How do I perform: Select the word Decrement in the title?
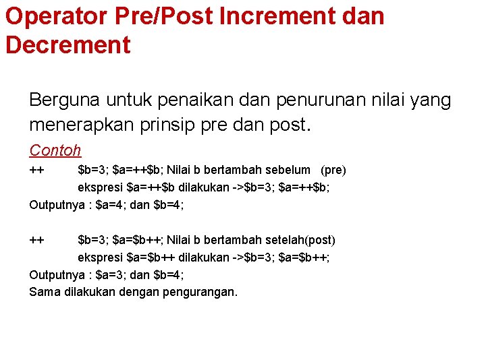coord(67,45)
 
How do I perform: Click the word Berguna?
coord(62,100)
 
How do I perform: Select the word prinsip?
coord(173,125)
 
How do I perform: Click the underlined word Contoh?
coord(55,150)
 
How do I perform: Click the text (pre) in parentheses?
coord(333,170)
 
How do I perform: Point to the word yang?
coord(430,100)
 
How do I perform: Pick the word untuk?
coord(127,100)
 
